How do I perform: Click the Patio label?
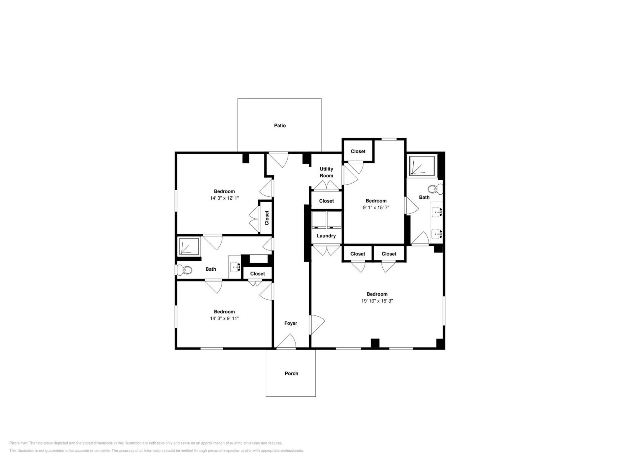pos(280,126)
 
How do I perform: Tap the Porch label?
pos(291,373)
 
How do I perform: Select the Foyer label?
pos(290,323)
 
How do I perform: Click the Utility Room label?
pos(326,172)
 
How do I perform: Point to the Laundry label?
pos(326,236)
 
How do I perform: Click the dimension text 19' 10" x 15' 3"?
pos(377,301)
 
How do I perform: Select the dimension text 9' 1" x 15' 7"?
pos(376,207)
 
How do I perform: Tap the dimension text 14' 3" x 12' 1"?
pos(224,198)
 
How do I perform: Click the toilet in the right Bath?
pos(435,189)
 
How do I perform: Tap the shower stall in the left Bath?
pos(189,246)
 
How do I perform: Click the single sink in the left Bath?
pos(235,267)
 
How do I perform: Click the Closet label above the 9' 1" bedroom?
pos(358,151)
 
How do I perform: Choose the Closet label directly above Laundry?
pos(326,201)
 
